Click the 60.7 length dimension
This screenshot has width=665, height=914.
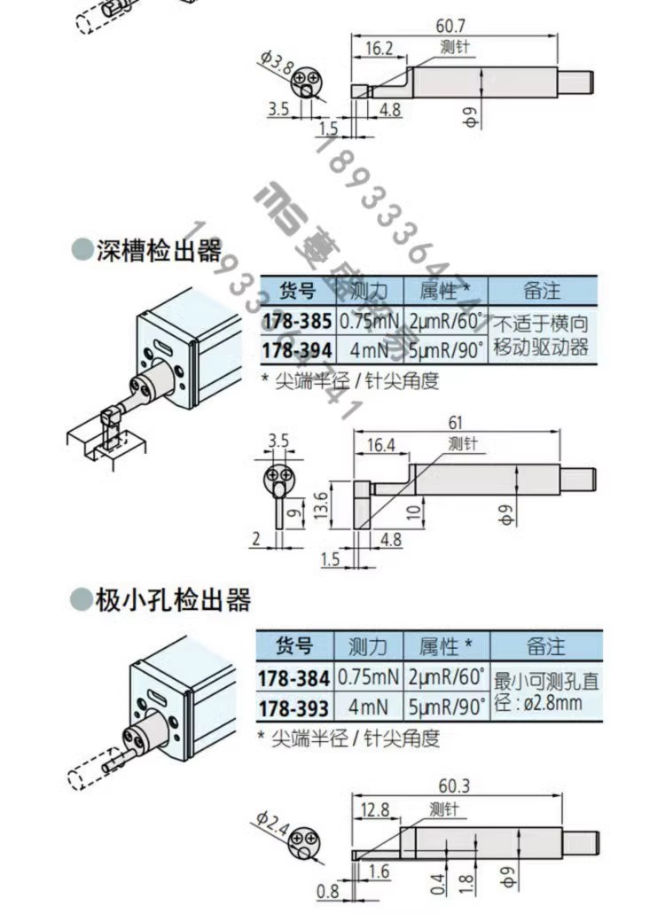point(453,26)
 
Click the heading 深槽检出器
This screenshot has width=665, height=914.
point(158,251)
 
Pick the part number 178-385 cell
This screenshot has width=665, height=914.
point(295,321)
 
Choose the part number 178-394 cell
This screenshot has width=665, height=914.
point(295,349)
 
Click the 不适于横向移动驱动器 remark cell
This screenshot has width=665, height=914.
point(540,335)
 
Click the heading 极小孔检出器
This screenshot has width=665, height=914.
point(172,600)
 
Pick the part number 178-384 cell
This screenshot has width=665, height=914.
point(295,677)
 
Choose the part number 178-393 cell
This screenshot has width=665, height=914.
point(295,707)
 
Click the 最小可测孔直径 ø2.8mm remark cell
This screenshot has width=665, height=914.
point(544,691)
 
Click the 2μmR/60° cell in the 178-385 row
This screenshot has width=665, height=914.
point(446,321)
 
